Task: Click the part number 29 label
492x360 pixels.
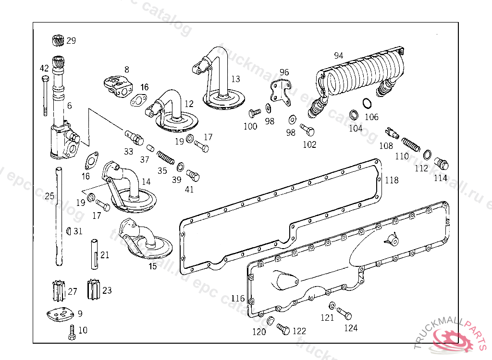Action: coord(71,41)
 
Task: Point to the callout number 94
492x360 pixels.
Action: coord(339,56)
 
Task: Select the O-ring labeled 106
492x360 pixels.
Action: coord(367,104)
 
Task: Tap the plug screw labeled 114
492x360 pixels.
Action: coord(442,164)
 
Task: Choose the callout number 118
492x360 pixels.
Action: coord(392,180)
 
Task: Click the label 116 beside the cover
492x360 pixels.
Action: coord(238,299)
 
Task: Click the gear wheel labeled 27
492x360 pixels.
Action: coord(58,290)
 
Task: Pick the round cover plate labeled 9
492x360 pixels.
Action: coord(61,315)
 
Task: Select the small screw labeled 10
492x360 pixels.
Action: coord(72,332)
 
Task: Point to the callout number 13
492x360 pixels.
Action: coord(235,79)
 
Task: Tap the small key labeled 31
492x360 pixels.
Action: coord(69,231)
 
